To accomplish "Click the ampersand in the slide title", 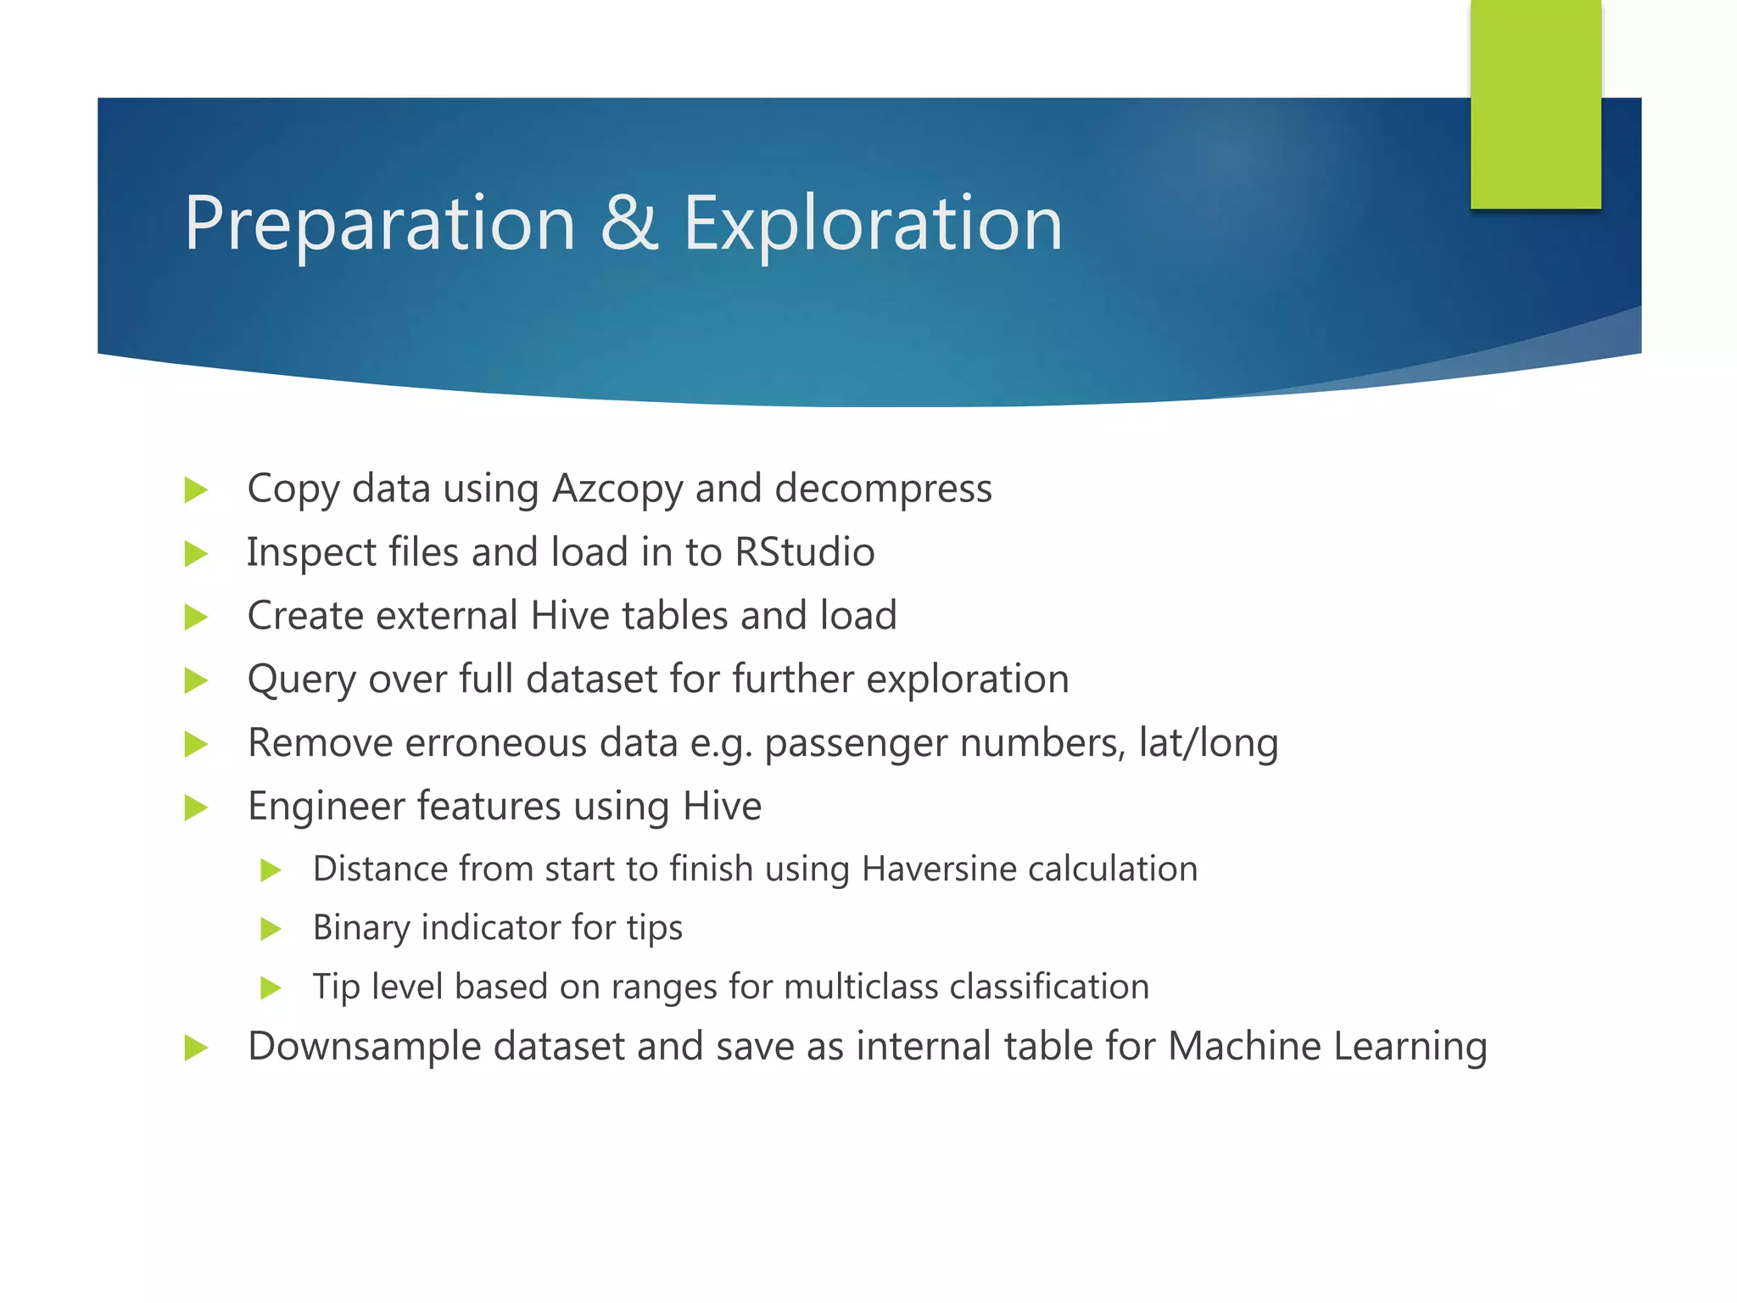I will pos(629,223).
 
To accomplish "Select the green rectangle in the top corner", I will pos(1535,103).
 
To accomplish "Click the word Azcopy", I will pos(617,489).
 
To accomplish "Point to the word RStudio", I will pos(804,552).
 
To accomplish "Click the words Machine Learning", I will pos(1327,1046).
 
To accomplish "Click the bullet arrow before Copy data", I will pos(196,490).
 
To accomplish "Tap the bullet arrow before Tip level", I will pos(271,987).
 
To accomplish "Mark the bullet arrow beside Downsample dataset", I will pos(196,1048).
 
